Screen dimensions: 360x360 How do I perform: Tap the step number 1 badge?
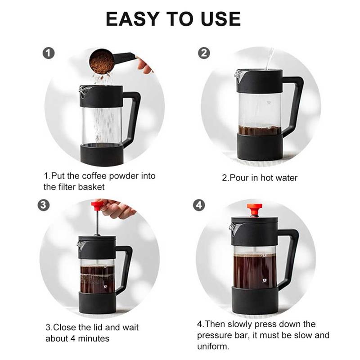pos(48,53)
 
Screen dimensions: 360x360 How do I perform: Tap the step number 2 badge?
pos(204,53)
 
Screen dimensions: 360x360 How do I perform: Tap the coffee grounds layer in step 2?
pos(260,131)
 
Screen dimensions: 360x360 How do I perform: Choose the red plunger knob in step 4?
pos(254,209)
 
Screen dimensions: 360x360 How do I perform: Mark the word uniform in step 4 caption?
pos(213,347)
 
